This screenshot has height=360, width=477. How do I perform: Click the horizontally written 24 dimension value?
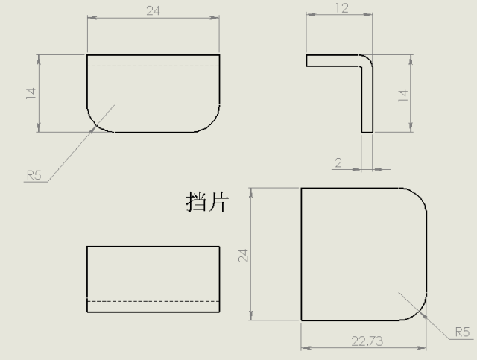(153, 11)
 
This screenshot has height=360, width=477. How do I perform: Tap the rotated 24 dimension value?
(244, 256)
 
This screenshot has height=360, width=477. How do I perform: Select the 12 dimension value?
(342, 8)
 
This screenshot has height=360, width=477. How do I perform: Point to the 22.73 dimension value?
(367, 341)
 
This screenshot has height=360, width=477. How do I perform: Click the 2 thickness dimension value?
(338, 163)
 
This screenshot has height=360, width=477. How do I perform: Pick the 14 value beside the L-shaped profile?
(403, 95)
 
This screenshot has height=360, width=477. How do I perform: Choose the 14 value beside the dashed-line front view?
(31, 93)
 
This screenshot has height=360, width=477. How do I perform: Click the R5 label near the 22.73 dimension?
(462, 332)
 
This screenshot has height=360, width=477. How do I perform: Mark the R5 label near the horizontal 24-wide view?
(34, 175)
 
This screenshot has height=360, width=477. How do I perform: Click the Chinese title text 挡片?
(207, 201)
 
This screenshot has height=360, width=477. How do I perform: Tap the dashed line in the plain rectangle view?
(154, 302)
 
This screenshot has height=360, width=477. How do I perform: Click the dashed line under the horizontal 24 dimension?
(154, 66)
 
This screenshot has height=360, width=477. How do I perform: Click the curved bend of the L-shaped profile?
(368, 60)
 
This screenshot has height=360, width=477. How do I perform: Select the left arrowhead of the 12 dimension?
(311, 14)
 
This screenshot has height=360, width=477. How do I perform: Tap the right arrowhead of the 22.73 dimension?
(422, 347)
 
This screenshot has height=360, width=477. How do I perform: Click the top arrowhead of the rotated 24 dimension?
(250, 192)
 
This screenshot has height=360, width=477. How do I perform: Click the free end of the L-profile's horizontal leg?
(306, 60)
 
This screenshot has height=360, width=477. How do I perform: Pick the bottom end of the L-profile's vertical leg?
(367, 132)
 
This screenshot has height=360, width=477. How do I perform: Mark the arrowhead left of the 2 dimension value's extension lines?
(356, 169)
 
